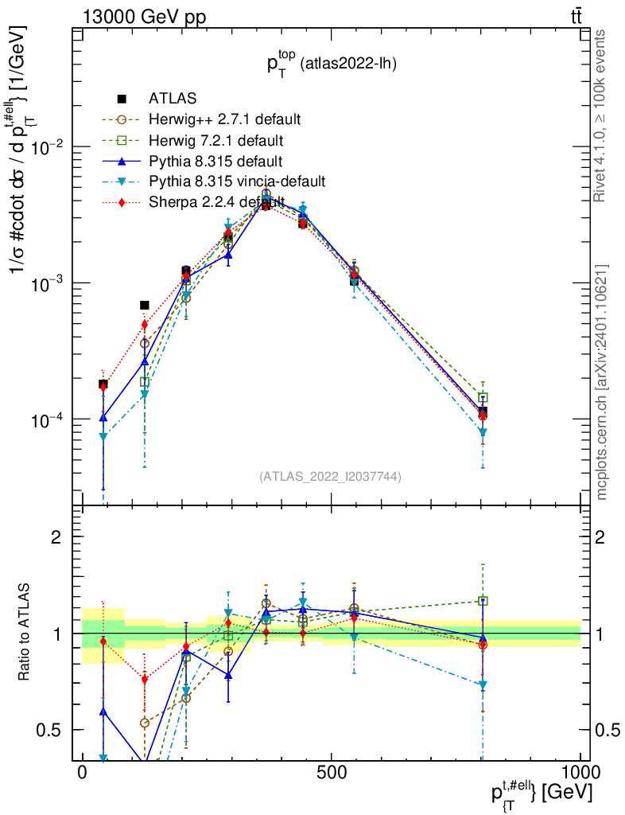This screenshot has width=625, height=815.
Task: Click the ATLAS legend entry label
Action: pyautogui.click(x=173, y=99)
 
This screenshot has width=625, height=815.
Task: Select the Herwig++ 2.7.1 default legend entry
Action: pyautogui.click(x=224, y=119)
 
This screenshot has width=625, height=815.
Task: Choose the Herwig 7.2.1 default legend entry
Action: pyautogui.click(x=215, y=141)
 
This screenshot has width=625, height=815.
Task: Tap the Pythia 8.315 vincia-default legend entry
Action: pyautogui.click(x=237, y=182)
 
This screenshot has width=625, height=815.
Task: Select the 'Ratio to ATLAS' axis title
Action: pyautogui.click(x=25, y=634)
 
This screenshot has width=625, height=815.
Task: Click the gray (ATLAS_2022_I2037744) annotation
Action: pyautogui.click(x=330, y=477)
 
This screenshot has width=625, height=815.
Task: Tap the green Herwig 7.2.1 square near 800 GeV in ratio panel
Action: pyautogui.click(x=483, y=601)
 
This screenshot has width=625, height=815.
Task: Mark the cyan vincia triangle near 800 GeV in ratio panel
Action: pyautogui.click(x=483, y=685)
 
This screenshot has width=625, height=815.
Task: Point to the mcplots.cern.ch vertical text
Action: pyautogui.click(x=602, y=382)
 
